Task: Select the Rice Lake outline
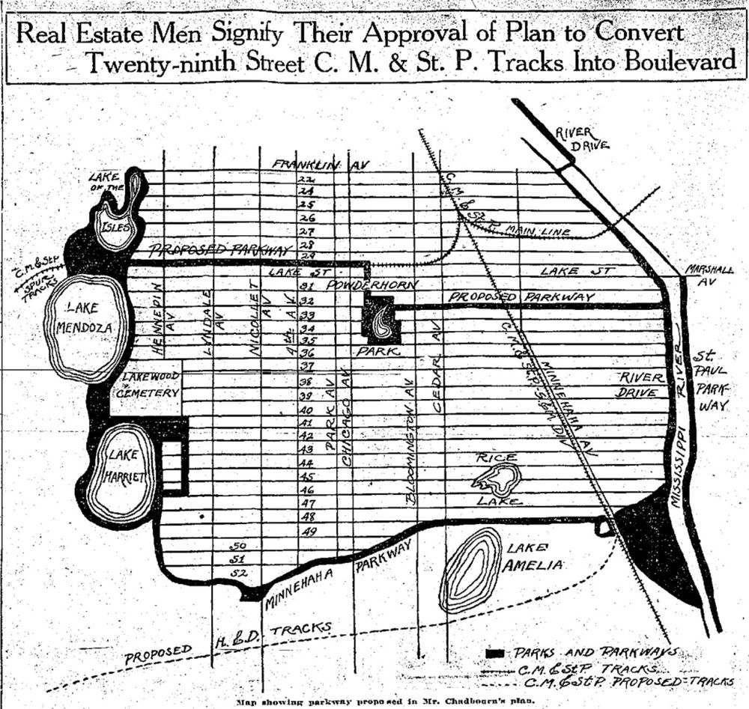pos(497,478)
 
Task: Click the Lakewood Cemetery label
pos(146,386)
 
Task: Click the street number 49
pos(309,531)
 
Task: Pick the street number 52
pos(239,573)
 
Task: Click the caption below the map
pos(374,702)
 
